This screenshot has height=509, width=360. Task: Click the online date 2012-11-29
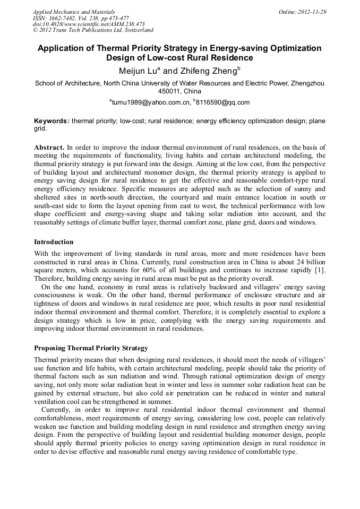pos(313,12)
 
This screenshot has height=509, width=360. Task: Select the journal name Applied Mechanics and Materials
pos(73,12)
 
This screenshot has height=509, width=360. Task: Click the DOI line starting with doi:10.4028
pos(89,24)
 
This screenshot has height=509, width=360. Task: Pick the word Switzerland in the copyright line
pos(136,31)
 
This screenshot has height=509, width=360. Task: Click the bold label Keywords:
pos(52,121)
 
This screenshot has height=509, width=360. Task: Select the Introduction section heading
pos(54,242)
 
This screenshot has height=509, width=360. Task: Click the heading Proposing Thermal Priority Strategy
pos(91,348)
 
